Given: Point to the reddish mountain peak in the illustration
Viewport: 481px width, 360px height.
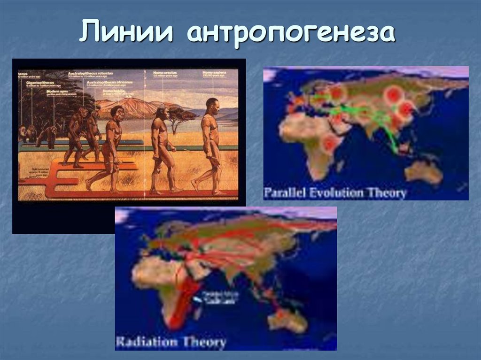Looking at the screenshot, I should click(x=136, y=106).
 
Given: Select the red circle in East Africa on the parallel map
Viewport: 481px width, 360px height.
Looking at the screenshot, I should click(x=330, y=144).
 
